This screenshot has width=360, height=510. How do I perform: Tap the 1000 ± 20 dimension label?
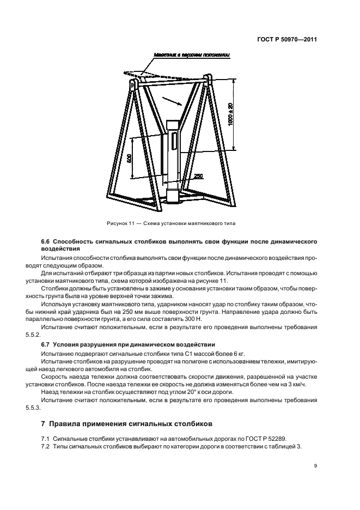(230, 114)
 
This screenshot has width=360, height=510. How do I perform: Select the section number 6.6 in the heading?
(46, 241)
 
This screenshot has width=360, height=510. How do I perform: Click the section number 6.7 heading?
(46, 344)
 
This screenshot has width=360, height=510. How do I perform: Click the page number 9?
(315, 465)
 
